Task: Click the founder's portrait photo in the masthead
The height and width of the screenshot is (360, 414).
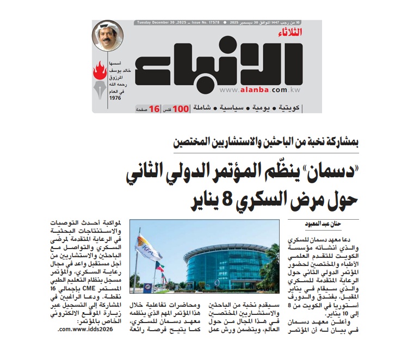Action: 108,35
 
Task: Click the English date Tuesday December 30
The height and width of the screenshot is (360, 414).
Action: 158,23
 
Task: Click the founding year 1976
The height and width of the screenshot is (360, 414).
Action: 115,98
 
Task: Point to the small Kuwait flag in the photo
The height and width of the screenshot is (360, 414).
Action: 159,268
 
